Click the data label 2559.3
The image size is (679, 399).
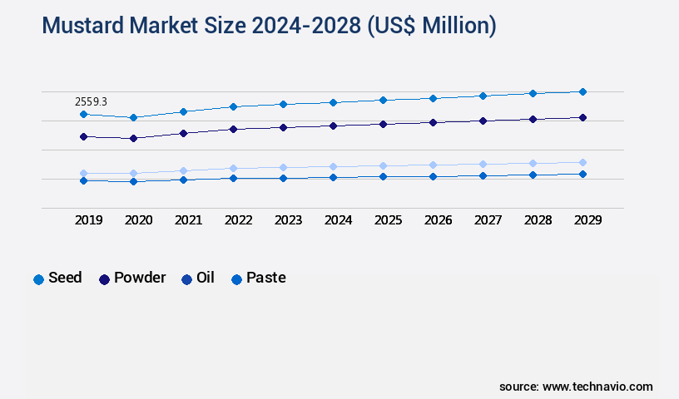coord(91,101)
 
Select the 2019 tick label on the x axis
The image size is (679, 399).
coord(89,220)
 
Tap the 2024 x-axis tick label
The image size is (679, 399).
coord(338,220)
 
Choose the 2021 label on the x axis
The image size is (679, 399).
coord(188,220)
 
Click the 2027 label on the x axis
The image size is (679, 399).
coord(488,220)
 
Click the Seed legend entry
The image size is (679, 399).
coord(57,278)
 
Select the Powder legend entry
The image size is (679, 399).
coord(132,278)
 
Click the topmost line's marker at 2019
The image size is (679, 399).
coord(83,114)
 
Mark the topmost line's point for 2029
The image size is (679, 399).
coord(582,91)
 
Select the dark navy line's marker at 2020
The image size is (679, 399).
coord(133,138)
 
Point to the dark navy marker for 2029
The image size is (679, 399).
coord(582,117)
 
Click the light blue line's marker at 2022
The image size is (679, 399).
coord(233,168)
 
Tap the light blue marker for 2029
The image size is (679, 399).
coord(582,162)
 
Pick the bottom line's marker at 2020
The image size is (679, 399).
coord(133,181)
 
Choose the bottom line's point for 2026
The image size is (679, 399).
coord(433,176)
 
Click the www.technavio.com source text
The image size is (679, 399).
coord(597,387)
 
